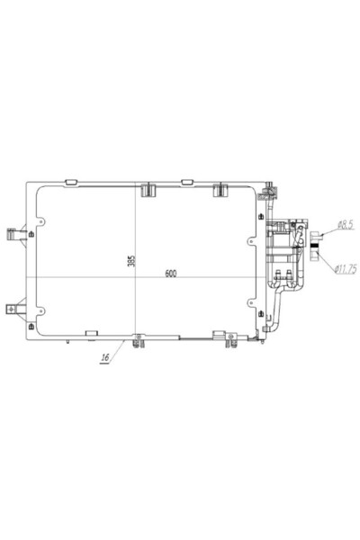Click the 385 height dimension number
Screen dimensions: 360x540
131,261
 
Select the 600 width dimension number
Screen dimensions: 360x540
171,274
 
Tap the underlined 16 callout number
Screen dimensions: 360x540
105,357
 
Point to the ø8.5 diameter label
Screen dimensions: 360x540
346,225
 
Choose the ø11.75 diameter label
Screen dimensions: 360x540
346,268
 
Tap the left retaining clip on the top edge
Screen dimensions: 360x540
148,190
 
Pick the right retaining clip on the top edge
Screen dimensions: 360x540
220,190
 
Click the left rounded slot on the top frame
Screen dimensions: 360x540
71,182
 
